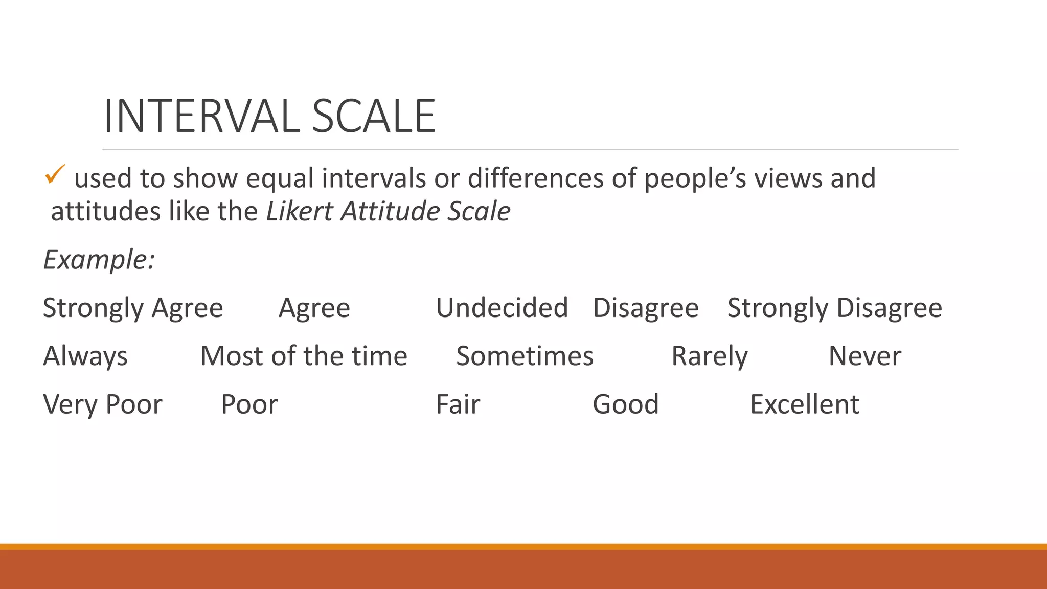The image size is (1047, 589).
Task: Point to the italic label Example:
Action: (99, 259)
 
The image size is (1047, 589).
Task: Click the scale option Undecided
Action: (502, 308)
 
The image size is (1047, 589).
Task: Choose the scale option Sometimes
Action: (525, 356)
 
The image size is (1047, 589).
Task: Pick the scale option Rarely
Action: (709, 356)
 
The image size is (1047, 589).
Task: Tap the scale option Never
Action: (864, 356)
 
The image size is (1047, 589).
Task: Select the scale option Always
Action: (85, 356)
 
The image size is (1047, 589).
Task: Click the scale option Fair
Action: (458, 404)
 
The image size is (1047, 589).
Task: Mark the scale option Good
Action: (625, 404)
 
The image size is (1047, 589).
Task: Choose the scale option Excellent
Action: (804, 404)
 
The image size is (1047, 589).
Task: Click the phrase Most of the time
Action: (304, 356)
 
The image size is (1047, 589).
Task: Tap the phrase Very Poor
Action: (103, 404)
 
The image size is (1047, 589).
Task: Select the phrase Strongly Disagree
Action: (834, 308)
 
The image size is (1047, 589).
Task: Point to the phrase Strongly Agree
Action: (133, 308)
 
